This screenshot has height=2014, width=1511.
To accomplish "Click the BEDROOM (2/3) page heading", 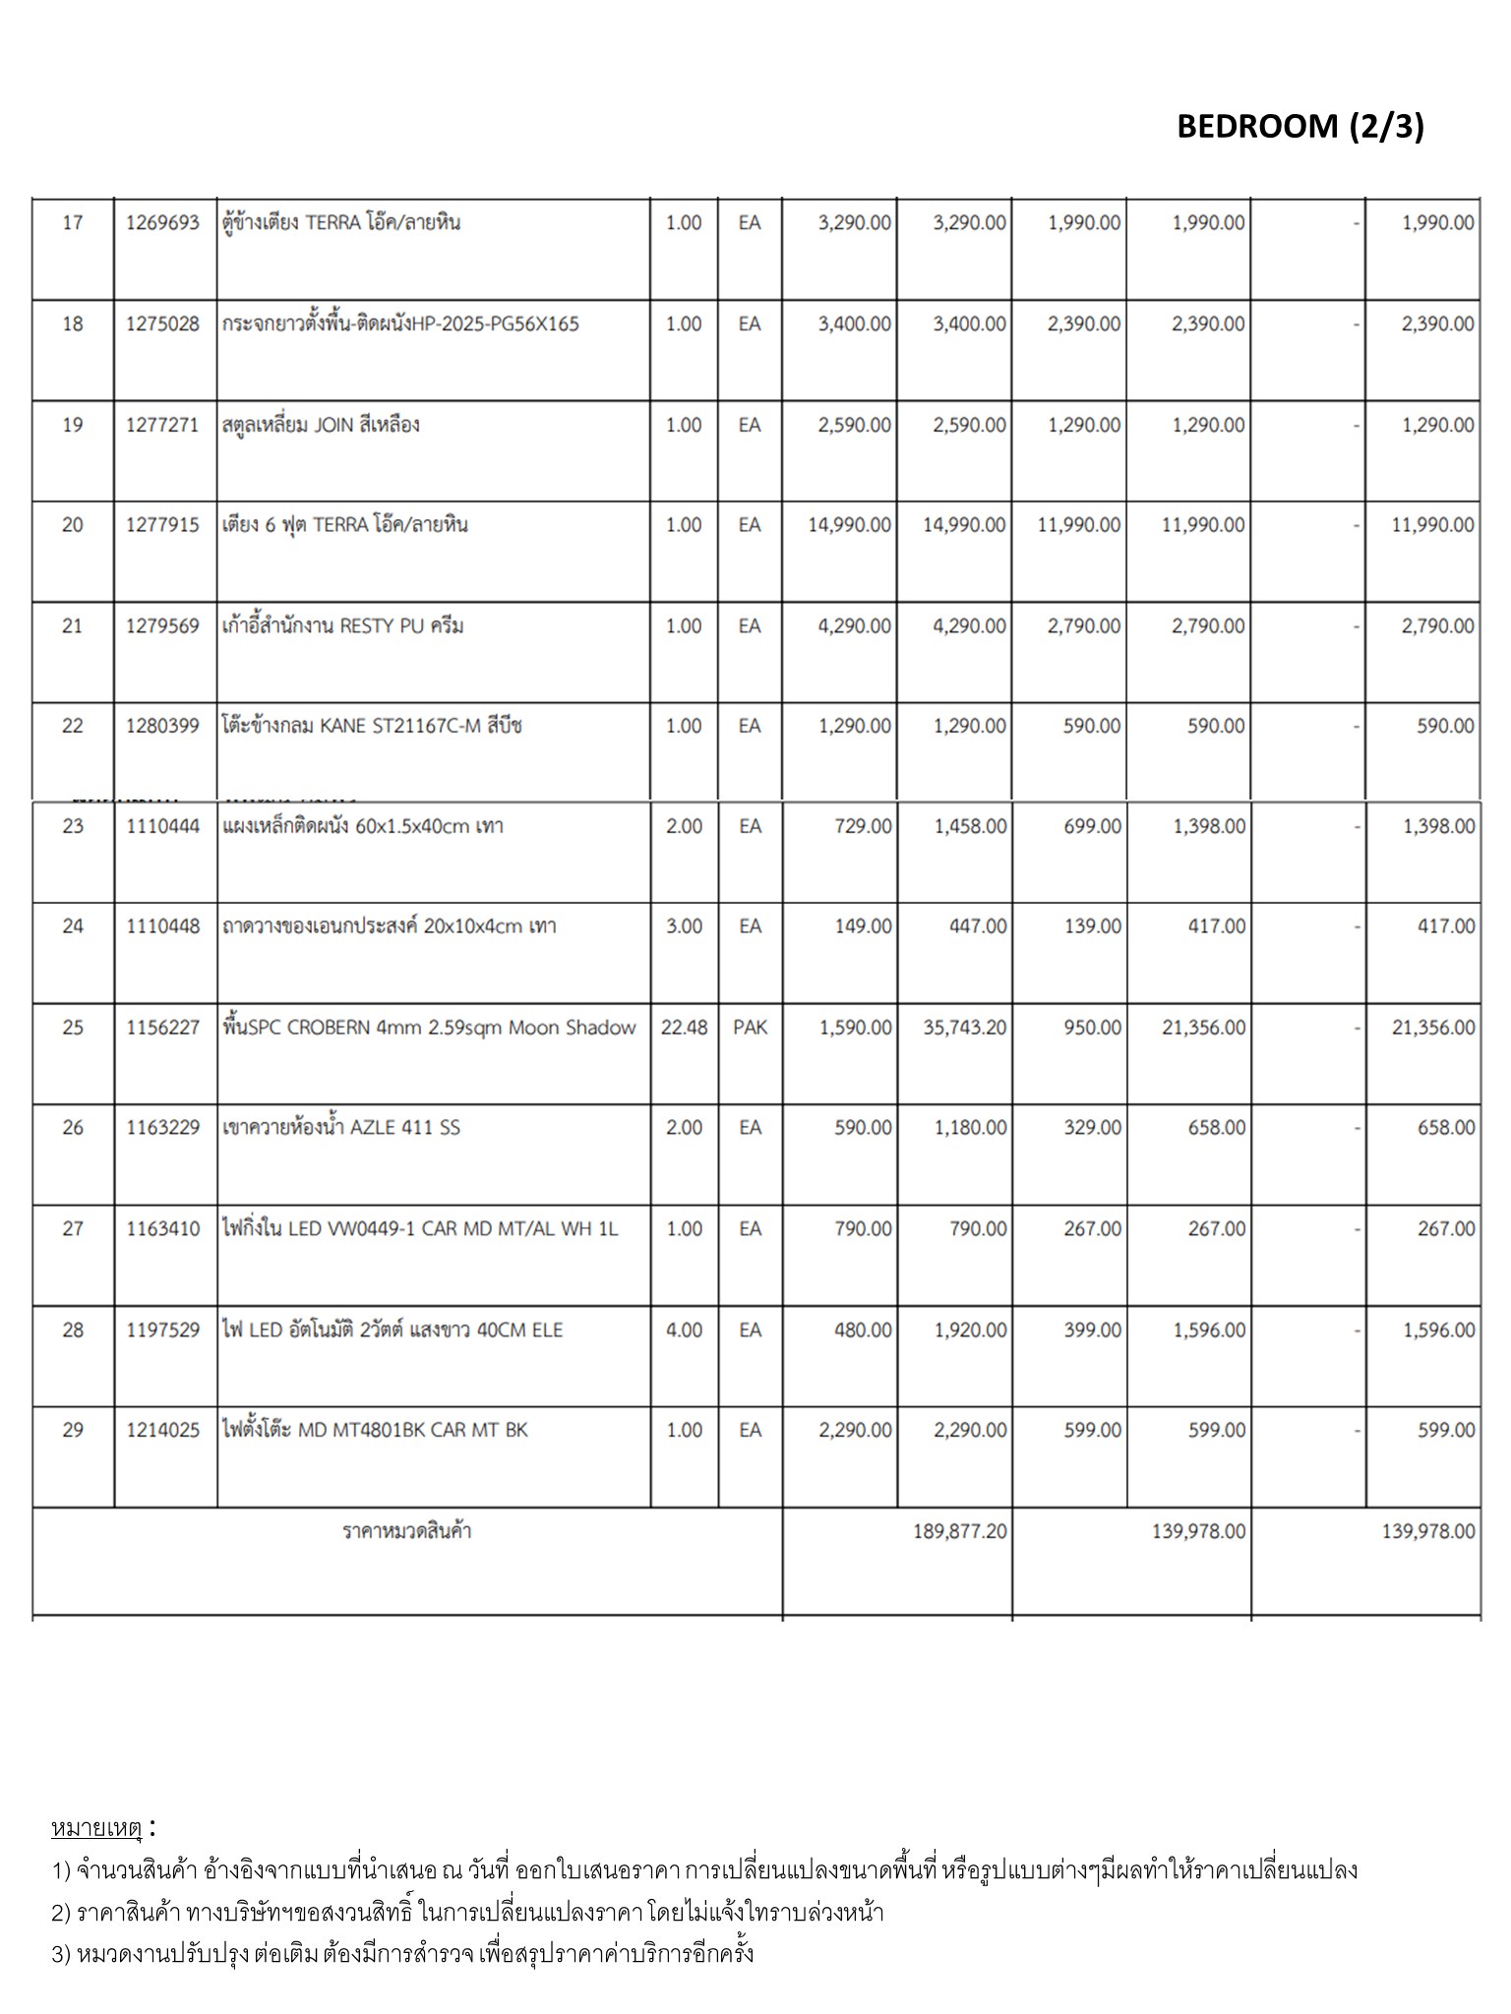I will (x=1299, y=126).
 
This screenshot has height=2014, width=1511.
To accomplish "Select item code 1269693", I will (x=162, y=223).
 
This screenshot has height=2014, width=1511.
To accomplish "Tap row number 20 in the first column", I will (x=73, y=525).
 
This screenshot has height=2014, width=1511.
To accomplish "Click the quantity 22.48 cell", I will (x=684, y=1028).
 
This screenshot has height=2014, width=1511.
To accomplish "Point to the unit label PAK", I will (x=750, y=1028).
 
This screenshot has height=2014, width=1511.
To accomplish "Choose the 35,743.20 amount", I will (x=964, y=1028).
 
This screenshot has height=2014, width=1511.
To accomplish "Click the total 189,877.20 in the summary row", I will (x=959, y=1531).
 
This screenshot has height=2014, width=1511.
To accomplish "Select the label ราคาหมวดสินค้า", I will (x=406, y=1531).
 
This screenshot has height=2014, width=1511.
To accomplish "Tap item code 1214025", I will (x=162, y=1430).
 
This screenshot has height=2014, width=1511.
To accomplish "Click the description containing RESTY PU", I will (x=342, y=626).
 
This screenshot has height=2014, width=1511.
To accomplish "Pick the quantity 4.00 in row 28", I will (x=684, y=1331).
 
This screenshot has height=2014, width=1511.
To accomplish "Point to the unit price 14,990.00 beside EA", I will (x=849, y=525).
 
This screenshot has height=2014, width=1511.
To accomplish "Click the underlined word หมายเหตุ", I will (x=96, y=1828).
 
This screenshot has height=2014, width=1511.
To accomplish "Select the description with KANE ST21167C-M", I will (x=372, y=727).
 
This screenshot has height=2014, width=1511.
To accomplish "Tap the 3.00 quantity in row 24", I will (x=684, y=926).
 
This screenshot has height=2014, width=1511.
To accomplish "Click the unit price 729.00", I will (x=863, y=826).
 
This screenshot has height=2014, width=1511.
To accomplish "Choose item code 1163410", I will (x=162, y=1229).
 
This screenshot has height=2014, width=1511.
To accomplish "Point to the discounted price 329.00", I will (x=1092, y=1128).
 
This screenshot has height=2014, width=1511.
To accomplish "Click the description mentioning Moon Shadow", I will (x=430, y=1028).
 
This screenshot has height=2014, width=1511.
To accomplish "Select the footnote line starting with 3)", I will (x=403, y=1953).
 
